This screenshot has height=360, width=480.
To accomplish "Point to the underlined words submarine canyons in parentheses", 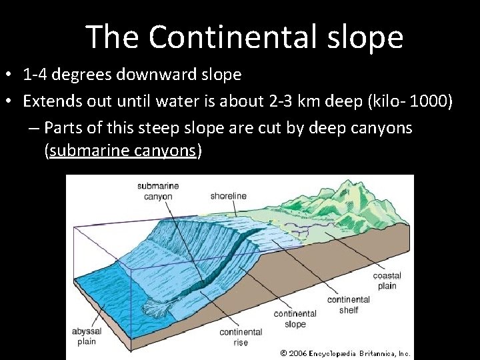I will (123, 151).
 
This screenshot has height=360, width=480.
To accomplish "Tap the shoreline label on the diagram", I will (228, 196).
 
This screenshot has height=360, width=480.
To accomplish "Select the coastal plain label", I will (385, 281).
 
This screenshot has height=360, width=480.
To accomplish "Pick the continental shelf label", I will (348, 305).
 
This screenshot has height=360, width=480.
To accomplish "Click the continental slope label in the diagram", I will (295, 319).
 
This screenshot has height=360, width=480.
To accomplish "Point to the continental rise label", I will (241, 337).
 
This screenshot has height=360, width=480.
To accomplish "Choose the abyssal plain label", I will (86, 336).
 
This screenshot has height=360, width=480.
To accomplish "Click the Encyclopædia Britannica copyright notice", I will (345, 353).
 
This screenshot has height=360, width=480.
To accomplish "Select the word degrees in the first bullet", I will (81, 75).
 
